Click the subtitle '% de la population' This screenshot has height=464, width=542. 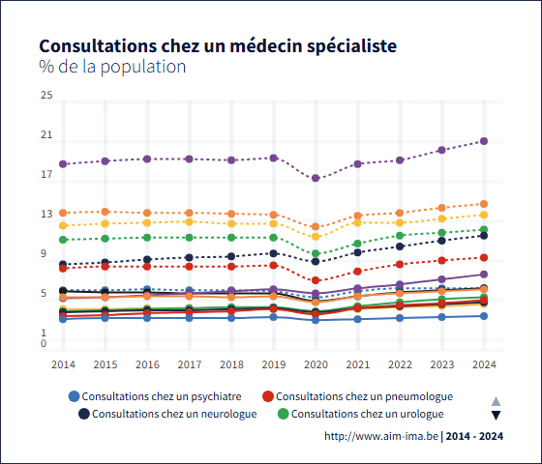click(x=111, y=68)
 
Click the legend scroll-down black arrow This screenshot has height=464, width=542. click(x=496, y=416)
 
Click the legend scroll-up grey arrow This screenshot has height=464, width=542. click(x=496, y=400)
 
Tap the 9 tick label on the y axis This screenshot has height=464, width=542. click(x=44, y=254)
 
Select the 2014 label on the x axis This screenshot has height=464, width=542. click(x=63, y=364)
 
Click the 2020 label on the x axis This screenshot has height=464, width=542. click(x=316, y=364)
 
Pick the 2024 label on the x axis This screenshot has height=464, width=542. click(x=484, y=364)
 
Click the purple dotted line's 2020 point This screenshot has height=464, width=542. click(x=316, y=179)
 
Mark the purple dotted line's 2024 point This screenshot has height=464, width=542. click(x=484, y=141)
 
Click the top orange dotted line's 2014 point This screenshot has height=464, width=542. click(x=63, y=213)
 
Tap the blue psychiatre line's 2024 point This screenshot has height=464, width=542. click(x=484, y=316)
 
